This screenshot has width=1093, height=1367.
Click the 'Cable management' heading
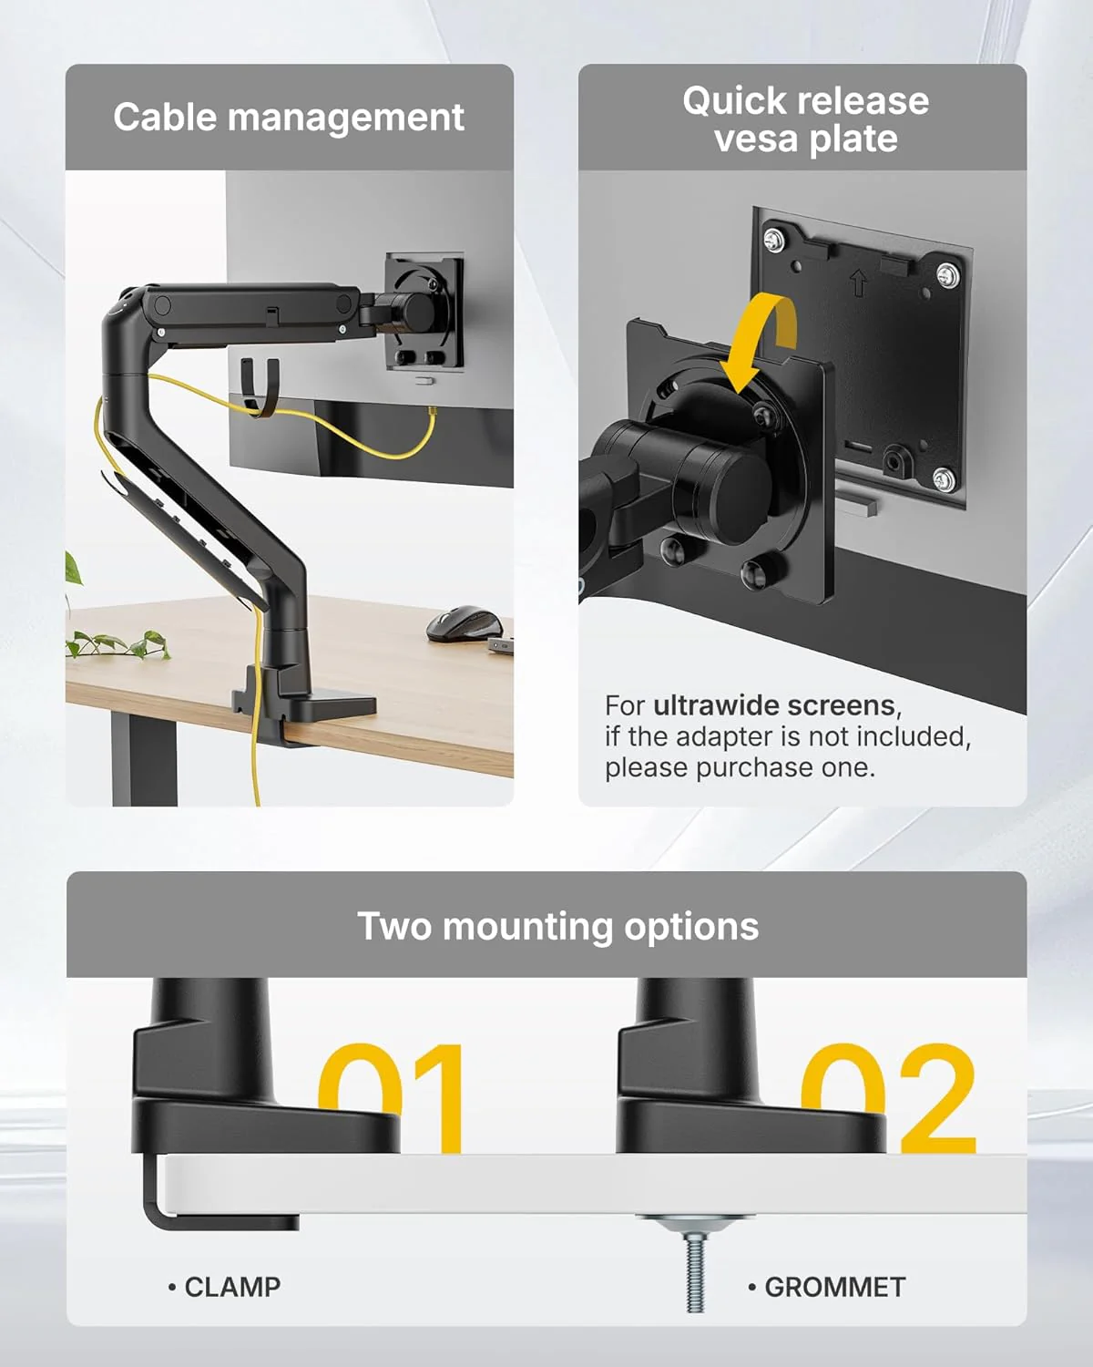[x=289, y=118]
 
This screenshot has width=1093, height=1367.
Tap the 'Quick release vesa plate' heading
[x=805, y=119]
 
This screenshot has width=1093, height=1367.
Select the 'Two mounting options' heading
[x=557, y=926]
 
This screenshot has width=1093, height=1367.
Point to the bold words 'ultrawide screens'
[x=773, y=705]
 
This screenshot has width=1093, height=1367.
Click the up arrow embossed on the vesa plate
[x=858, y=282]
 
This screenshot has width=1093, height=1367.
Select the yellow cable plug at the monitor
[x=432, y=411]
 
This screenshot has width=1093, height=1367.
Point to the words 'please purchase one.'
[x=740, y=767]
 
